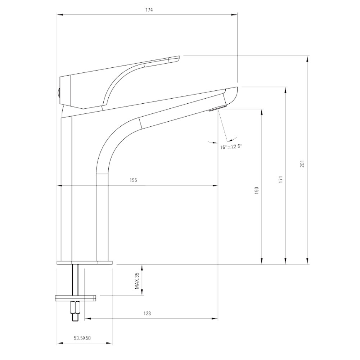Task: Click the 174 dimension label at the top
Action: click(149, 10)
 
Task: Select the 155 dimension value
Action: click(134, 180)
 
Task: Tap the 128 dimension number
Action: click(147, 314)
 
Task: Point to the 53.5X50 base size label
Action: click(82, 338)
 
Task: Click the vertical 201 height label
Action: click(302, 163)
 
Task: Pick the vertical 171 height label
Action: click(280, 179)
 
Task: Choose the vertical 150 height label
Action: click(257, 190)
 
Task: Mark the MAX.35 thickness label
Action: click(137, 281)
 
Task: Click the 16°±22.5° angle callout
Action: click(231, 147)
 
